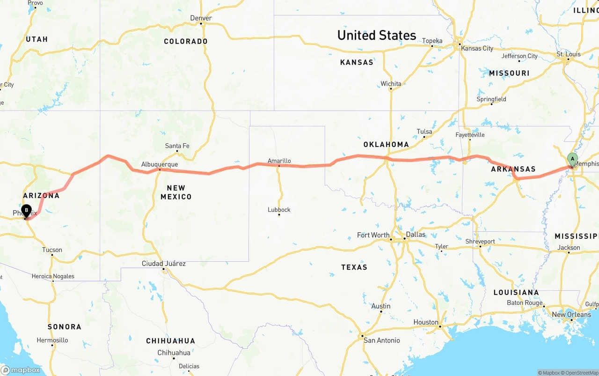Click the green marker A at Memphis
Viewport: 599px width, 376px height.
pyautogui.click(x=572, y=159)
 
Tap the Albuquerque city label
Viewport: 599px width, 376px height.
pyautogui.click(x=160, y=164)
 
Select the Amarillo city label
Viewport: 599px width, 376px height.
pyautogui.click(x=279, y=161)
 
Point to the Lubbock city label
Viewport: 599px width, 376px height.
pyautogui.click(x=279, y=209)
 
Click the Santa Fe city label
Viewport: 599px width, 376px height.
pyautogui.click(x=177, y=146)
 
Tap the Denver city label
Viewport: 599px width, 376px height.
pyautogui.click(x=201, y=18)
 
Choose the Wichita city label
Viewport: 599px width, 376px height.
pyautogui.click(x=391, y=84)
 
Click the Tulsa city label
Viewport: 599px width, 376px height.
pyautogui.click(x=424, y=132)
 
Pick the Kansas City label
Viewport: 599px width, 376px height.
pyautogui.click(x=477, y=48)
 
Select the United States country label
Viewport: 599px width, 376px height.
pyautogui.click(x=376, y=35)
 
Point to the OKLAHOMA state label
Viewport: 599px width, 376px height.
pyautogui.click(x=386, y=144)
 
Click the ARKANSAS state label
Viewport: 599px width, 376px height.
pyautogui.click(x=513, y=169)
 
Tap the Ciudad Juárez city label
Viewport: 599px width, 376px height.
pyautogui.click(x=164, y=264)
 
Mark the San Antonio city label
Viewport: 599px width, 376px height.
pyautogui.click(x=382, y=340)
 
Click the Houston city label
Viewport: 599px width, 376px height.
pyautogui.click(x=425, y=322)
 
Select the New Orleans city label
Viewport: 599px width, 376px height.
pyautogui.click(x=571, y=314)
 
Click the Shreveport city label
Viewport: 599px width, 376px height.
pyautogui.click(x=480, y=242)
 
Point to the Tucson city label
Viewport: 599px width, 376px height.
pyautogui.click(x=52, y=250)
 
